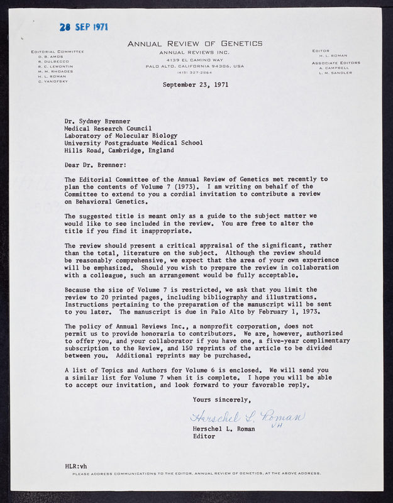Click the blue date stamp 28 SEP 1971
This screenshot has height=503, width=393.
[84, 27]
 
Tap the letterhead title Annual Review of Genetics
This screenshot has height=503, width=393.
[195, 43]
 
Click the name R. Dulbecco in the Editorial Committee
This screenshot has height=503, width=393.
[50, 61]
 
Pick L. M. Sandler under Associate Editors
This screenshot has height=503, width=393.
[336, 72]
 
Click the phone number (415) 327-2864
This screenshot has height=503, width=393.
[195, 72]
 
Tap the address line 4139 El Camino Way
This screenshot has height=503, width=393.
[195, 59]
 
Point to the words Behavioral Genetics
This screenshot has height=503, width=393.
[113, 202]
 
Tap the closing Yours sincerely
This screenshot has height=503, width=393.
[221, 400]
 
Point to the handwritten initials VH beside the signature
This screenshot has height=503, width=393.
[275, 426]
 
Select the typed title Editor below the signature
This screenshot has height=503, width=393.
[204, 436]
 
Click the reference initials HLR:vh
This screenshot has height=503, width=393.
[78, 465]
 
